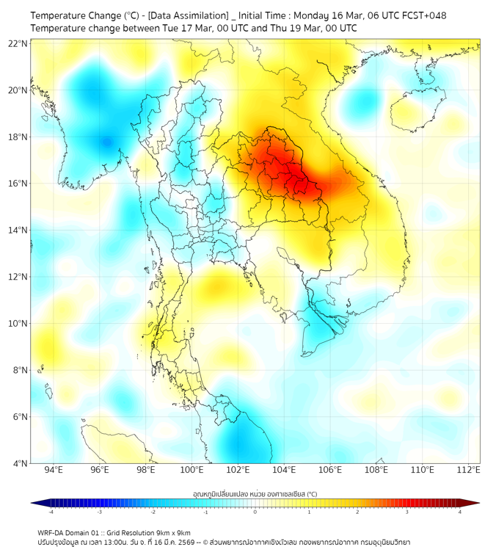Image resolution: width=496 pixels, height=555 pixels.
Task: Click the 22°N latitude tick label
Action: click(18, 44)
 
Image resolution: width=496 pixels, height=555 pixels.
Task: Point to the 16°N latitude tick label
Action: click(18, 184)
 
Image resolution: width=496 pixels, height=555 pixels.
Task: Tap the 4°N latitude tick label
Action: click(20, 463)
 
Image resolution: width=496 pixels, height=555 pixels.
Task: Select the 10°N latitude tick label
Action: click(18, 324)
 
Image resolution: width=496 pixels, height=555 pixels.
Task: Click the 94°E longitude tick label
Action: click(54, 470)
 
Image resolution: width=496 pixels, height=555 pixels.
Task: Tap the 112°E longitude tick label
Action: click(469, 470)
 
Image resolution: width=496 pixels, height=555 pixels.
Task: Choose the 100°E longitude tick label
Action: click(192, 470)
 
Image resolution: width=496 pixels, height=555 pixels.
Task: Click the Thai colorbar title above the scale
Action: click(255, 494)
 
